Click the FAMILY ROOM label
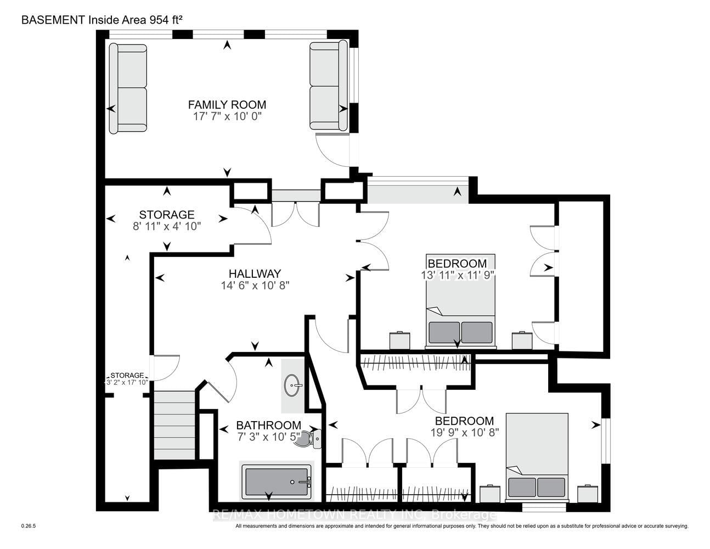click(227, 104)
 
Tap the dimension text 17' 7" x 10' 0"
click(227, 116)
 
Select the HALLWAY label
click(255, 273)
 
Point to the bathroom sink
click(293, 385)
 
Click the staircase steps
click(174, 425)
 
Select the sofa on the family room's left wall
click(128, 89)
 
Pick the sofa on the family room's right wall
click(328, 85)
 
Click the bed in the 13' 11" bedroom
click(460, 301)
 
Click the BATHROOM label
click(268, 425)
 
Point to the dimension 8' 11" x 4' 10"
click(167, 226)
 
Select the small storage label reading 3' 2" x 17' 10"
click(127, 382)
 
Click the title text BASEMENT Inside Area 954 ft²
click(102, 20)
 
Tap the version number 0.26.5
click(29, 526)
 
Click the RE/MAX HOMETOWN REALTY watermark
click(354, 515)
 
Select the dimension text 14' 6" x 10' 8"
click(255, 285)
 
